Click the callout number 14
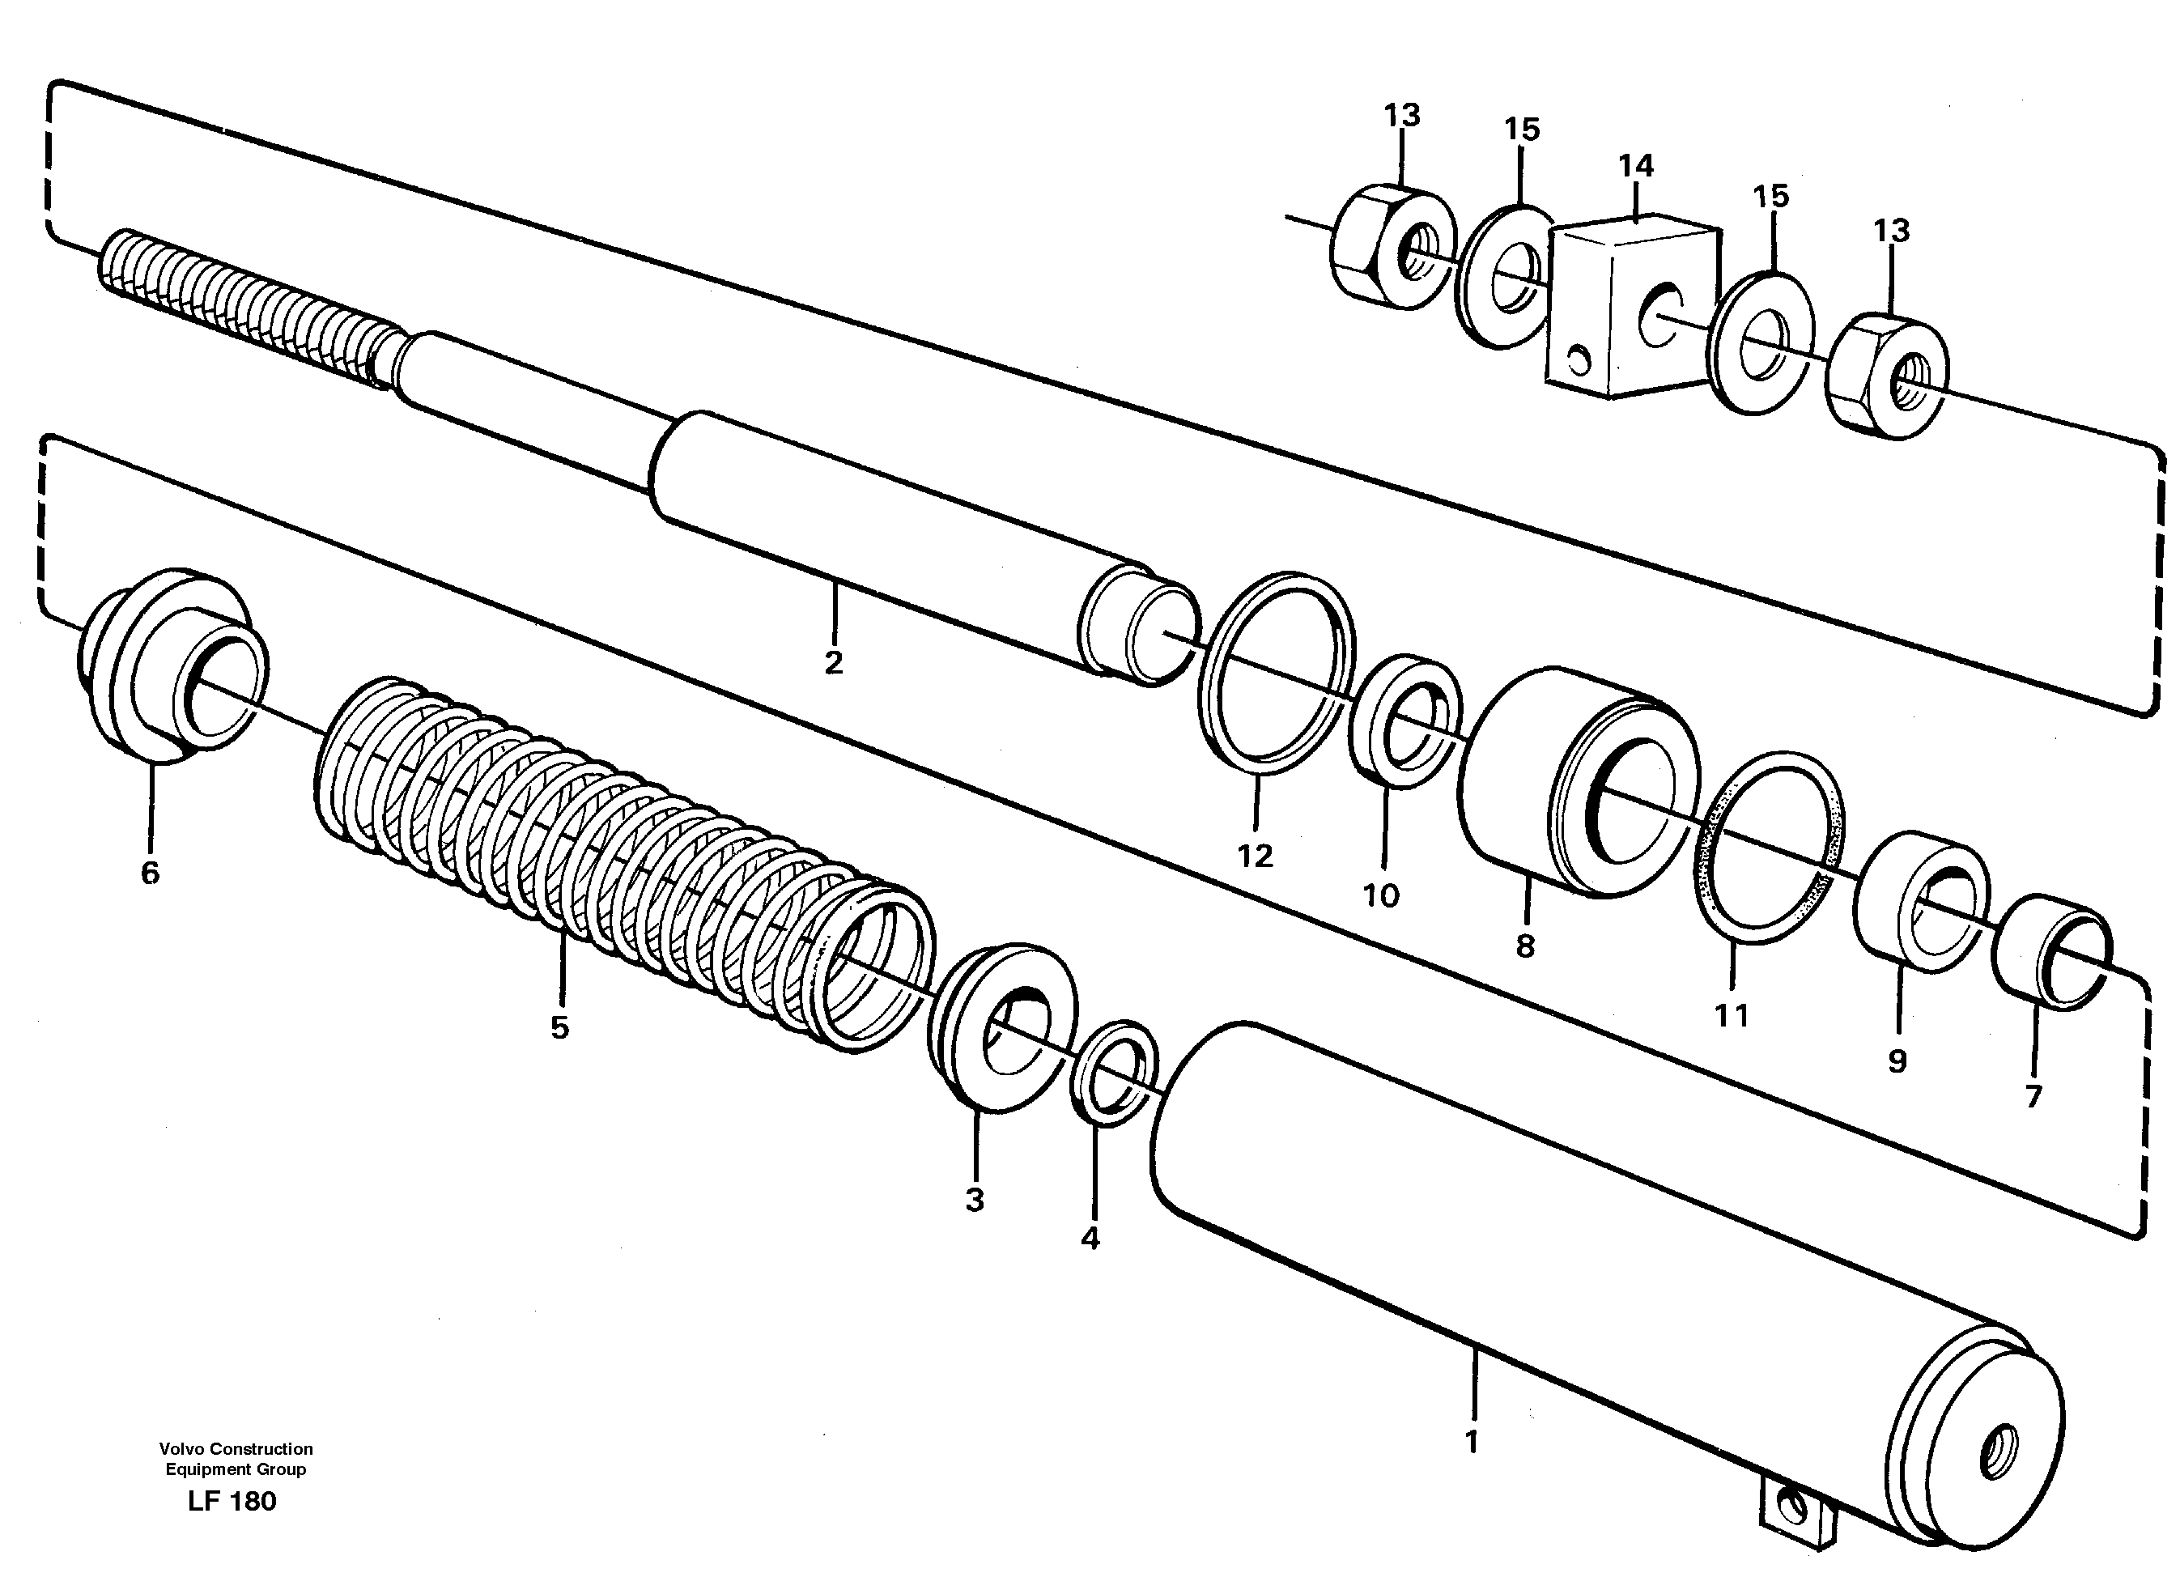coord(1635,166)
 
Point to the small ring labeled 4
coord(1114,1073)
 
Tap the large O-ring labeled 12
coord(1277,673)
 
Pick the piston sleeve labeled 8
coord(1576,783)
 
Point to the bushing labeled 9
coord(1919,903)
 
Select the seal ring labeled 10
coord(1404,720)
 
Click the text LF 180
coord(232,1501)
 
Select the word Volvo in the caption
coord(183,1448)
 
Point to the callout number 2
coord(833,662)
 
